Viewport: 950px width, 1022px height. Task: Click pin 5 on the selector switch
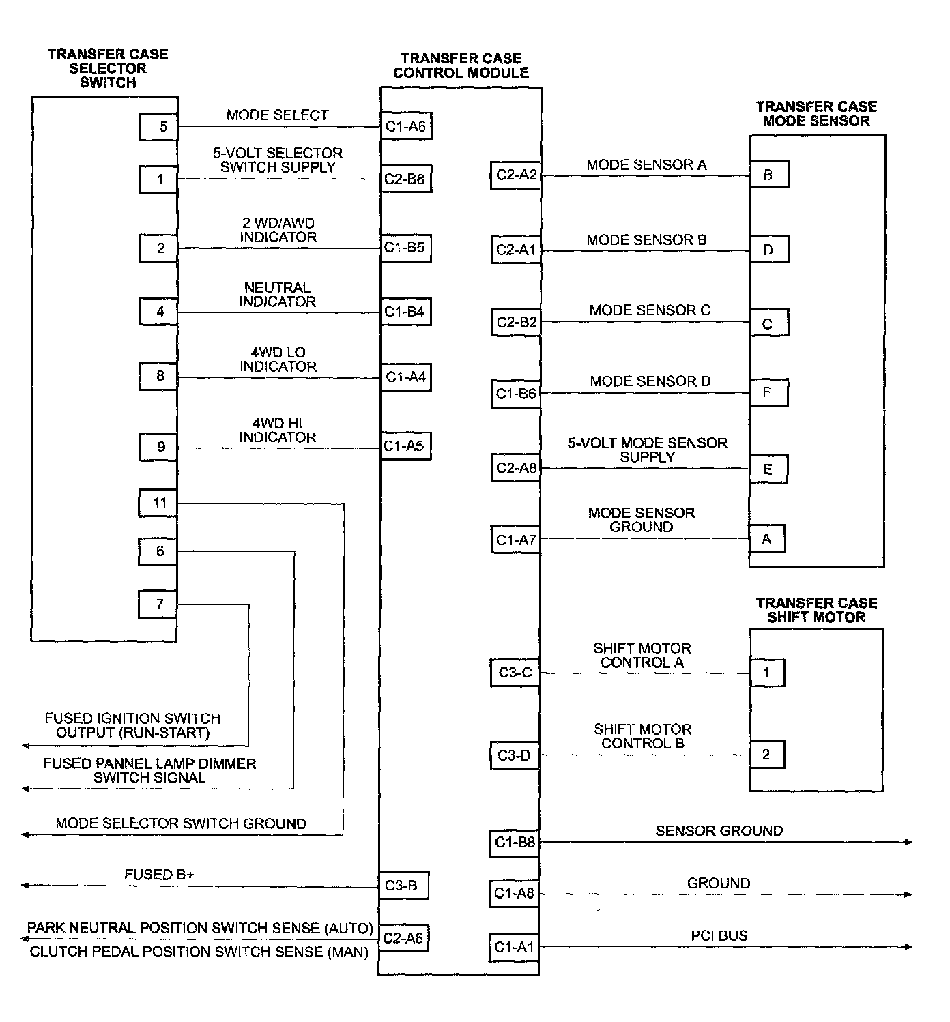(x=158, y=127)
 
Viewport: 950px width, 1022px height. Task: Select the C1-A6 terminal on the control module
(x=406, y=126)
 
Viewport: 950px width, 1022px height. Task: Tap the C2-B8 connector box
(x=406, y=179)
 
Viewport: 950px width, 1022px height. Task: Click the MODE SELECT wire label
(x=278, y=115)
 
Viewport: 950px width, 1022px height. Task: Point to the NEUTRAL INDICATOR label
(x=278, y=294)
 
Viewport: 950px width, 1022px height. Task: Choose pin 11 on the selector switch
(x=158, y=503)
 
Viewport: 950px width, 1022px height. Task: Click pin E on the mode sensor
(x=768, y=469)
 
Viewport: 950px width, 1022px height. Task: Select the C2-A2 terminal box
(x=515, y=175)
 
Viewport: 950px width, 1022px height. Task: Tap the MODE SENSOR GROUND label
(x=642, y=520)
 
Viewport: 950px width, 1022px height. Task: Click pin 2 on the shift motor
(x=767, y=755)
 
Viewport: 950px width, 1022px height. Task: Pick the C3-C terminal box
(x=515, y=673)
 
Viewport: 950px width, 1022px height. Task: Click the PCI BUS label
(x=719, y=935)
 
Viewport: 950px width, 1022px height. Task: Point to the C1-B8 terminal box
(x=514, y=843)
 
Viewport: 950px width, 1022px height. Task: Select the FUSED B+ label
(x=159, y=875)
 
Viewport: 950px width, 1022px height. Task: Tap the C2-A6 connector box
(x=403, y=938)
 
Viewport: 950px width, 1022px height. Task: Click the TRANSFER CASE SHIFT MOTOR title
(x=816, y=610)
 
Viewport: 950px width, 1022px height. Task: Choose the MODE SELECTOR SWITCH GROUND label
(x=181, y=823)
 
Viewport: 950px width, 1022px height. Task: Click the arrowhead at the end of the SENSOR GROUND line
(x=909, y=843)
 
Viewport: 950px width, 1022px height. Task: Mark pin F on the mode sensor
(x=768, y=393)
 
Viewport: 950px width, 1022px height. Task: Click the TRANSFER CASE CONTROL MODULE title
(x=461, y=65)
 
